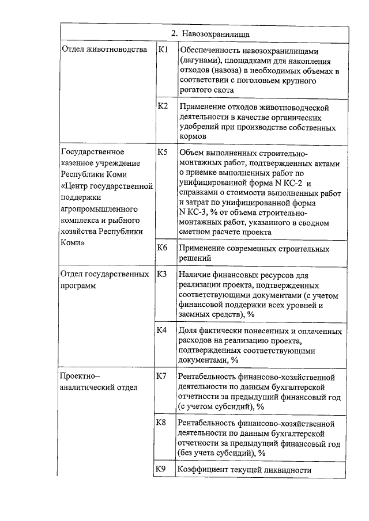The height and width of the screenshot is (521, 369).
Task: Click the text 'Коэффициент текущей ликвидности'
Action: pos(245,470)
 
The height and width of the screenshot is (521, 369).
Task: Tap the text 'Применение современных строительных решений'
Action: pos(254,254)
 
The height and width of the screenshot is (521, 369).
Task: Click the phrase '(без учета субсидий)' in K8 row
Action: pos(216,453)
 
